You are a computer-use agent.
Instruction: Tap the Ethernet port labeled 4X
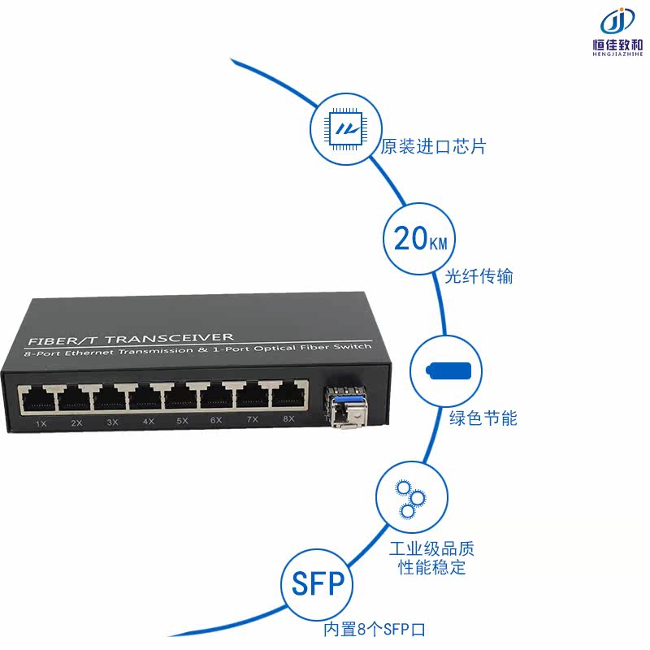146,398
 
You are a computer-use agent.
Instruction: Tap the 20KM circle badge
418,239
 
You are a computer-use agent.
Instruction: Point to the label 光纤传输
479,276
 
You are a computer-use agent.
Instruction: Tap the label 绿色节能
483,418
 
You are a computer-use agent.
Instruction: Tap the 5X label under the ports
182,421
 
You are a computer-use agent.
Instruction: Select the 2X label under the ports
76,423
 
